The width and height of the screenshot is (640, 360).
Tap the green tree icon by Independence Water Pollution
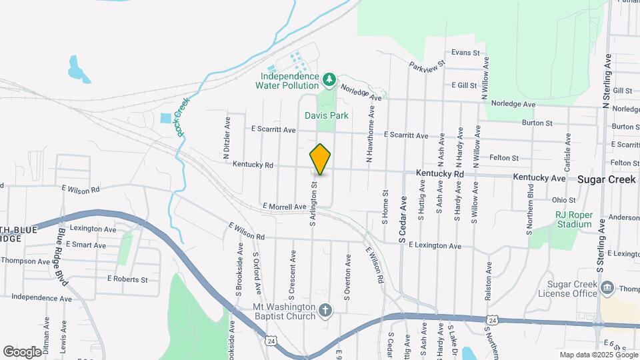click(328, 80)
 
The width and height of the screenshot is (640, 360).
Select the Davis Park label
click(327, 115)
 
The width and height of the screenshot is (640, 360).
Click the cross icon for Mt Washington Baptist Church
click(325, 310)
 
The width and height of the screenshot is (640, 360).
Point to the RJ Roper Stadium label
click(574, 219)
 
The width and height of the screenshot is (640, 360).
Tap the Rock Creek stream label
click(181, 117)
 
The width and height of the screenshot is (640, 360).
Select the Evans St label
click(465, 52)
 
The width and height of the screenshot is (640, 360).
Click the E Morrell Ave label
click(284, 207)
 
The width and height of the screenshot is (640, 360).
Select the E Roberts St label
click(127, 279)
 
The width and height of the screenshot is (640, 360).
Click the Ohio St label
click(563, 199)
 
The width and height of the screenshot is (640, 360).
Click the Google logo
click(22, 351)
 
